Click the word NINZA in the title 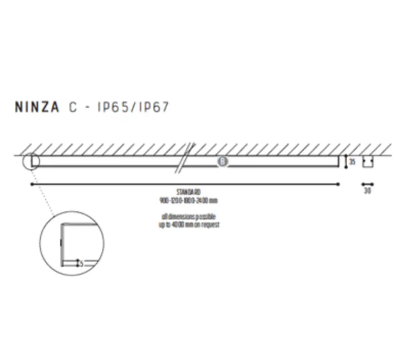[38, 107]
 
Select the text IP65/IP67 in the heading [133, 107]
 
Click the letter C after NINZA [73, 107]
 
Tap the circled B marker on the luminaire [222, 161]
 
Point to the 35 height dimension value [352, 161]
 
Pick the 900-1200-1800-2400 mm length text [188, 200]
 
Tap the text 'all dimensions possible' [188, 217]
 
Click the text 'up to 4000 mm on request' [188, 225]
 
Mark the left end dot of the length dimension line [32, 184]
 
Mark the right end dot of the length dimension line [339, 184]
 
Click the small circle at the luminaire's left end [31, 160]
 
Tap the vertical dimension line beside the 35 [346, 161]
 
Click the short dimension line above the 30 [367, 185]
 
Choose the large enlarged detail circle [72, 243]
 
